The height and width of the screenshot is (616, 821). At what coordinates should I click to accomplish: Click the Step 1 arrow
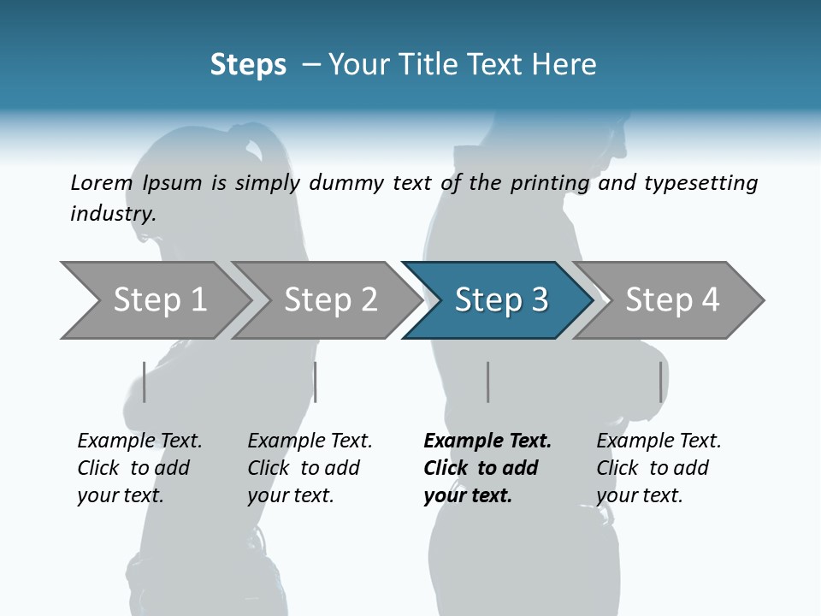click(x=154, y=300)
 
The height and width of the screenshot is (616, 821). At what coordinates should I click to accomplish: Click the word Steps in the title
click(x=248, y=65)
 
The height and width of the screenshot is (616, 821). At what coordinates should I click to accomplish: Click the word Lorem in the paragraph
click(x=102, y=182)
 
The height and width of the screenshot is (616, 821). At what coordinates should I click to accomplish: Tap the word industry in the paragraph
click(x=112, y=213)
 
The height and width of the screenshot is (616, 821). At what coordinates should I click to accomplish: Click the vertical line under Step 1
click(x=145, y=382)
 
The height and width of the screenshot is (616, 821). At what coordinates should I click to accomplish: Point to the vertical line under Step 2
click(x=316, y=382)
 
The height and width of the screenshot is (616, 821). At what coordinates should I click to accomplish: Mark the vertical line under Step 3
click(x=487, y=382)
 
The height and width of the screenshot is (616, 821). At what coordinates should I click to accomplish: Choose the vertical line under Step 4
click(x=660, y=382)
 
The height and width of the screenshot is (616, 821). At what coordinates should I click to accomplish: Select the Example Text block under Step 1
click(x=139, y=468)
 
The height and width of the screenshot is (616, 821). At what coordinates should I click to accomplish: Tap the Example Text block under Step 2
click(x=310, y=468)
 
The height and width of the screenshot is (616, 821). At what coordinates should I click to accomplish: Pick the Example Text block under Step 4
click(x=659, y=468)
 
